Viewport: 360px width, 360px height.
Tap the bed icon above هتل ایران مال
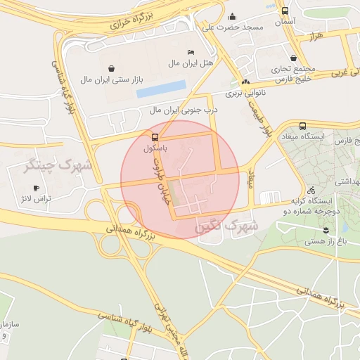(191, 53)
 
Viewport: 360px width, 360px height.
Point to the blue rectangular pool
(161, 89)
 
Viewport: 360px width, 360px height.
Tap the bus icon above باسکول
(155, 136)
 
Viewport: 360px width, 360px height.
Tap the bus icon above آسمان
(284, 11)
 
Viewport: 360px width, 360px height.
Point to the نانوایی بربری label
(243, 93)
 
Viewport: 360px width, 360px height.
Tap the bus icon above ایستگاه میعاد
(302, 126)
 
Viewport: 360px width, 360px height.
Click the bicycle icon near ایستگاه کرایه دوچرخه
(311, 190)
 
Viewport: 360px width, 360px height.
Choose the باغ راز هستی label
(325, 241)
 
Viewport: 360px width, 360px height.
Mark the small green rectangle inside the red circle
(174, 200)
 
